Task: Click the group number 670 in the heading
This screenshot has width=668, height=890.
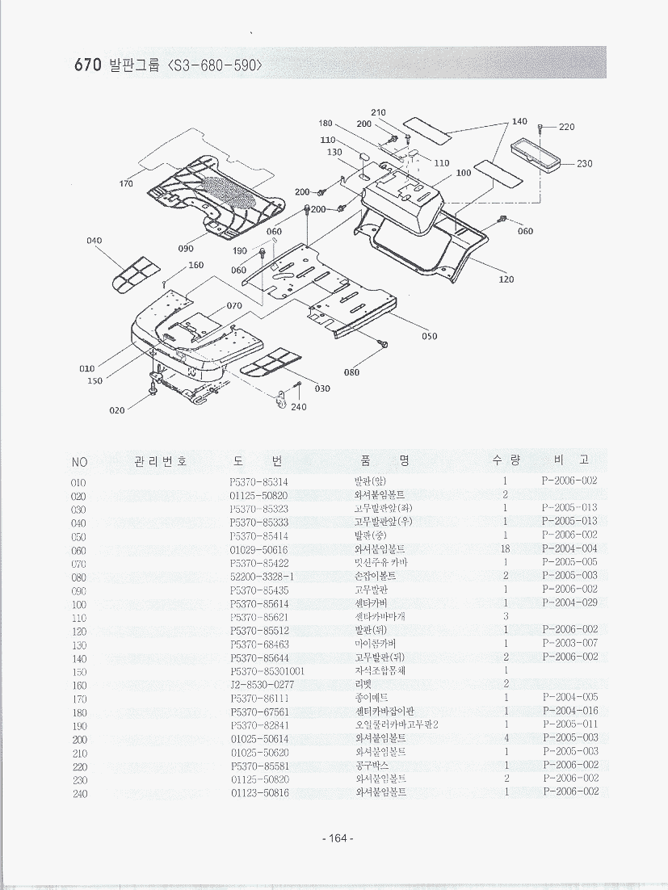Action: [x=87, y=65]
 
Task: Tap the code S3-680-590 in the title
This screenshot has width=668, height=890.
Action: [x=214, y=65]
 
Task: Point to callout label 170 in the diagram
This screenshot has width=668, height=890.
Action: [x=126, y=184]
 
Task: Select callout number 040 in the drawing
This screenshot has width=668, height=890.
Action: [x=95, y=241]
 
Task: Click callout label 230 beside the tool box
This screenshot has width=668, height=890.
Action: [x=585, y=164]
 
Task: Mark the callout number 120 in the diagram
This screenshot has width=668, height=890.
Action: [x=506, y=279]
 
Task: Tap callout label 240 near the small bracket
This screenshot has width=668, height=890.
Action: [x=299, y=407]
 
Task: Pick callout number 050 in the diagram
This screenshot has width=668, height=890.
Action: [x=429, y=336]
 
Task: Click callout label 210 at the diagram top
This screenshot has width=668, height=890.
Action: [x=378, y=112]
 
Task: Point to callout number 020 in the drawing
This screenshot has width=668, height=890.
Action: [x=117, y=410]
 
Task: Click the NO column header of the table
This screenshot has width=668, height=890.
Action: [x=79, y=462]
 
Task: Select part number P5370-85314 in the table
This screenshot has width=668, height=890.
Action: [x=258, y=481]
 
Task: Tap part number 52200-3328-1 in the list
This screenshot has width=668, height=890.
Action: [x=262, y=577]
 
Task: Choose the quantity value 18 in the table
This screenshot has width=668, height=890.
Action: [x=505, y=549]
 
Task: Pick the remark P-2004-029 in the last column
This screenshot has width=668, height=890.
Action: [x=570, y=603]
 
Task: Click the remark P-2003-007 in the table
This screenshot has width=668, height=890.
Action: [x=570, y=644]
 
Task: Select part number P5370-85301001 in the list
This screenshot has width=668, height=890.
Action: [x=267, y=671]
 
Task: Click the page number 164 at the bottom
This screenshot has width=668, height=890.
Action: [x=334, y=838]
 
